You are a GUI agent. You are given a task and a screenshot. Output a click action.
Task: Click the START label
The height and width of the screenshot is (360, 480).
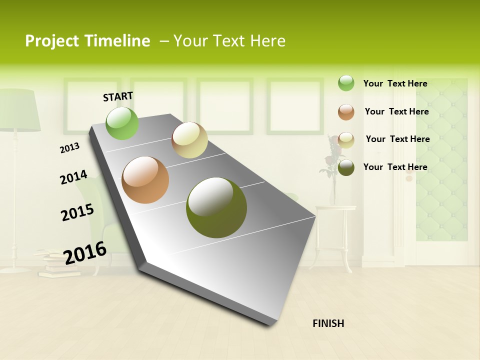[x=118, y=96]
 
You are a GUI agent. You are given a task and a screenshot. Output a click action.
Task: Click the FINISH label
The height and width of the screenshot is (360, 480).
[x=328, y=323]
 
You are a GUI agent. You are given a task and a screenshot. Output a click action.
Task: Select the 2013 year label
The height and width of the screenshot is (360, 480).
[x=69, y=147]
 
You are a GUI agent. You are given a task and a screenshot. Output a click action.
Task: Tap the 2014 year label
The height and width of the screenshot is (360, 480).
[x=73, y=177]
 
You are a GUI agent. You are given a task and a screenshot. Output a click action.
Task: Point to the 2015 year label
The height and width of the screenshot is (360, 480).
[x=77, y=212]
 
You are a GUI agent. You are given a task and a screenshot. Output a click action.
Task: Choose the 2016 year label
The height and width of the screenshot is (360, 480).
[x=85, y=252]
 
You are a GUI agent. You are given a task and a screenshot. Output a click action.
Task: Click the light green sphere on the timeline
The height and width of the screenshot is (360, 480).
[x=122, y=123]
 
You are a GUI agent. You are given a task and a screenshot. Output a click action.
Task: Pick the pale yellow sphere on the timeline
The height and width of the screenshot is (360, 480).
[x=189, y=140]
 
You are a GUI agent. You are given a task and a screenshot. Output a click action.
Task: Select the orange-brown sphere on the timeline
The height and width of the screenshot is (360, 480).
[x=145, y=180]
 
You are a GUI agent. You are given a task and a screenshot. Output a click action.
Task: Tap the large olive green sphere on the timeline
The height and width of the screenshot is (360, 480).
[x=216, y=207]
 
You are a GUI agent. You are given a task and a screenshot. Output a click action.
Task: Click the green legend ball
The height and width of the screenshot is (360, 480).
[x=346, y=83]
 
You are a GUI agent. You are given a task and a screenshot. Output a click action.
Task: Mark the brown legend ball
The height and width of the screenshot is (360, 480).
[x=346, y=112]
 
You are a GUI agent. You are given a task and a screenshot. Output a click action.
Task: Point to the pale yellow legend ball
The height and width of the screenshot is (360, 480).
[x=346, y=140]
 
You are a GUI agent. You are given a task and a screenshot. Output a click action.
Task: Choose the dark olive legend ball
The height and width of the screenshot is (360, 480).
[x=346, y=167]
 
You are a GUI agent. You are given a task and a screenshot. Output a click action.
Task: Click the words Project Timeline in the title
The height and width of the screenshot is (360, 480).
[x=87, y=41]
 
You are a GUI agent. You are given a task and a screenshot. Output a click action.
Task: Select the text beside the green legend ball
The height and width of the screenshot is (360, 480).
[x=395, y=83]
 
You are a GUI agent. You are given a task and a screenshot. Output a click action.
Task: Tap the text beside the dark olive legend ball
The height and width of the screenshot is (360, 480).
[x=395, y=167]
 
